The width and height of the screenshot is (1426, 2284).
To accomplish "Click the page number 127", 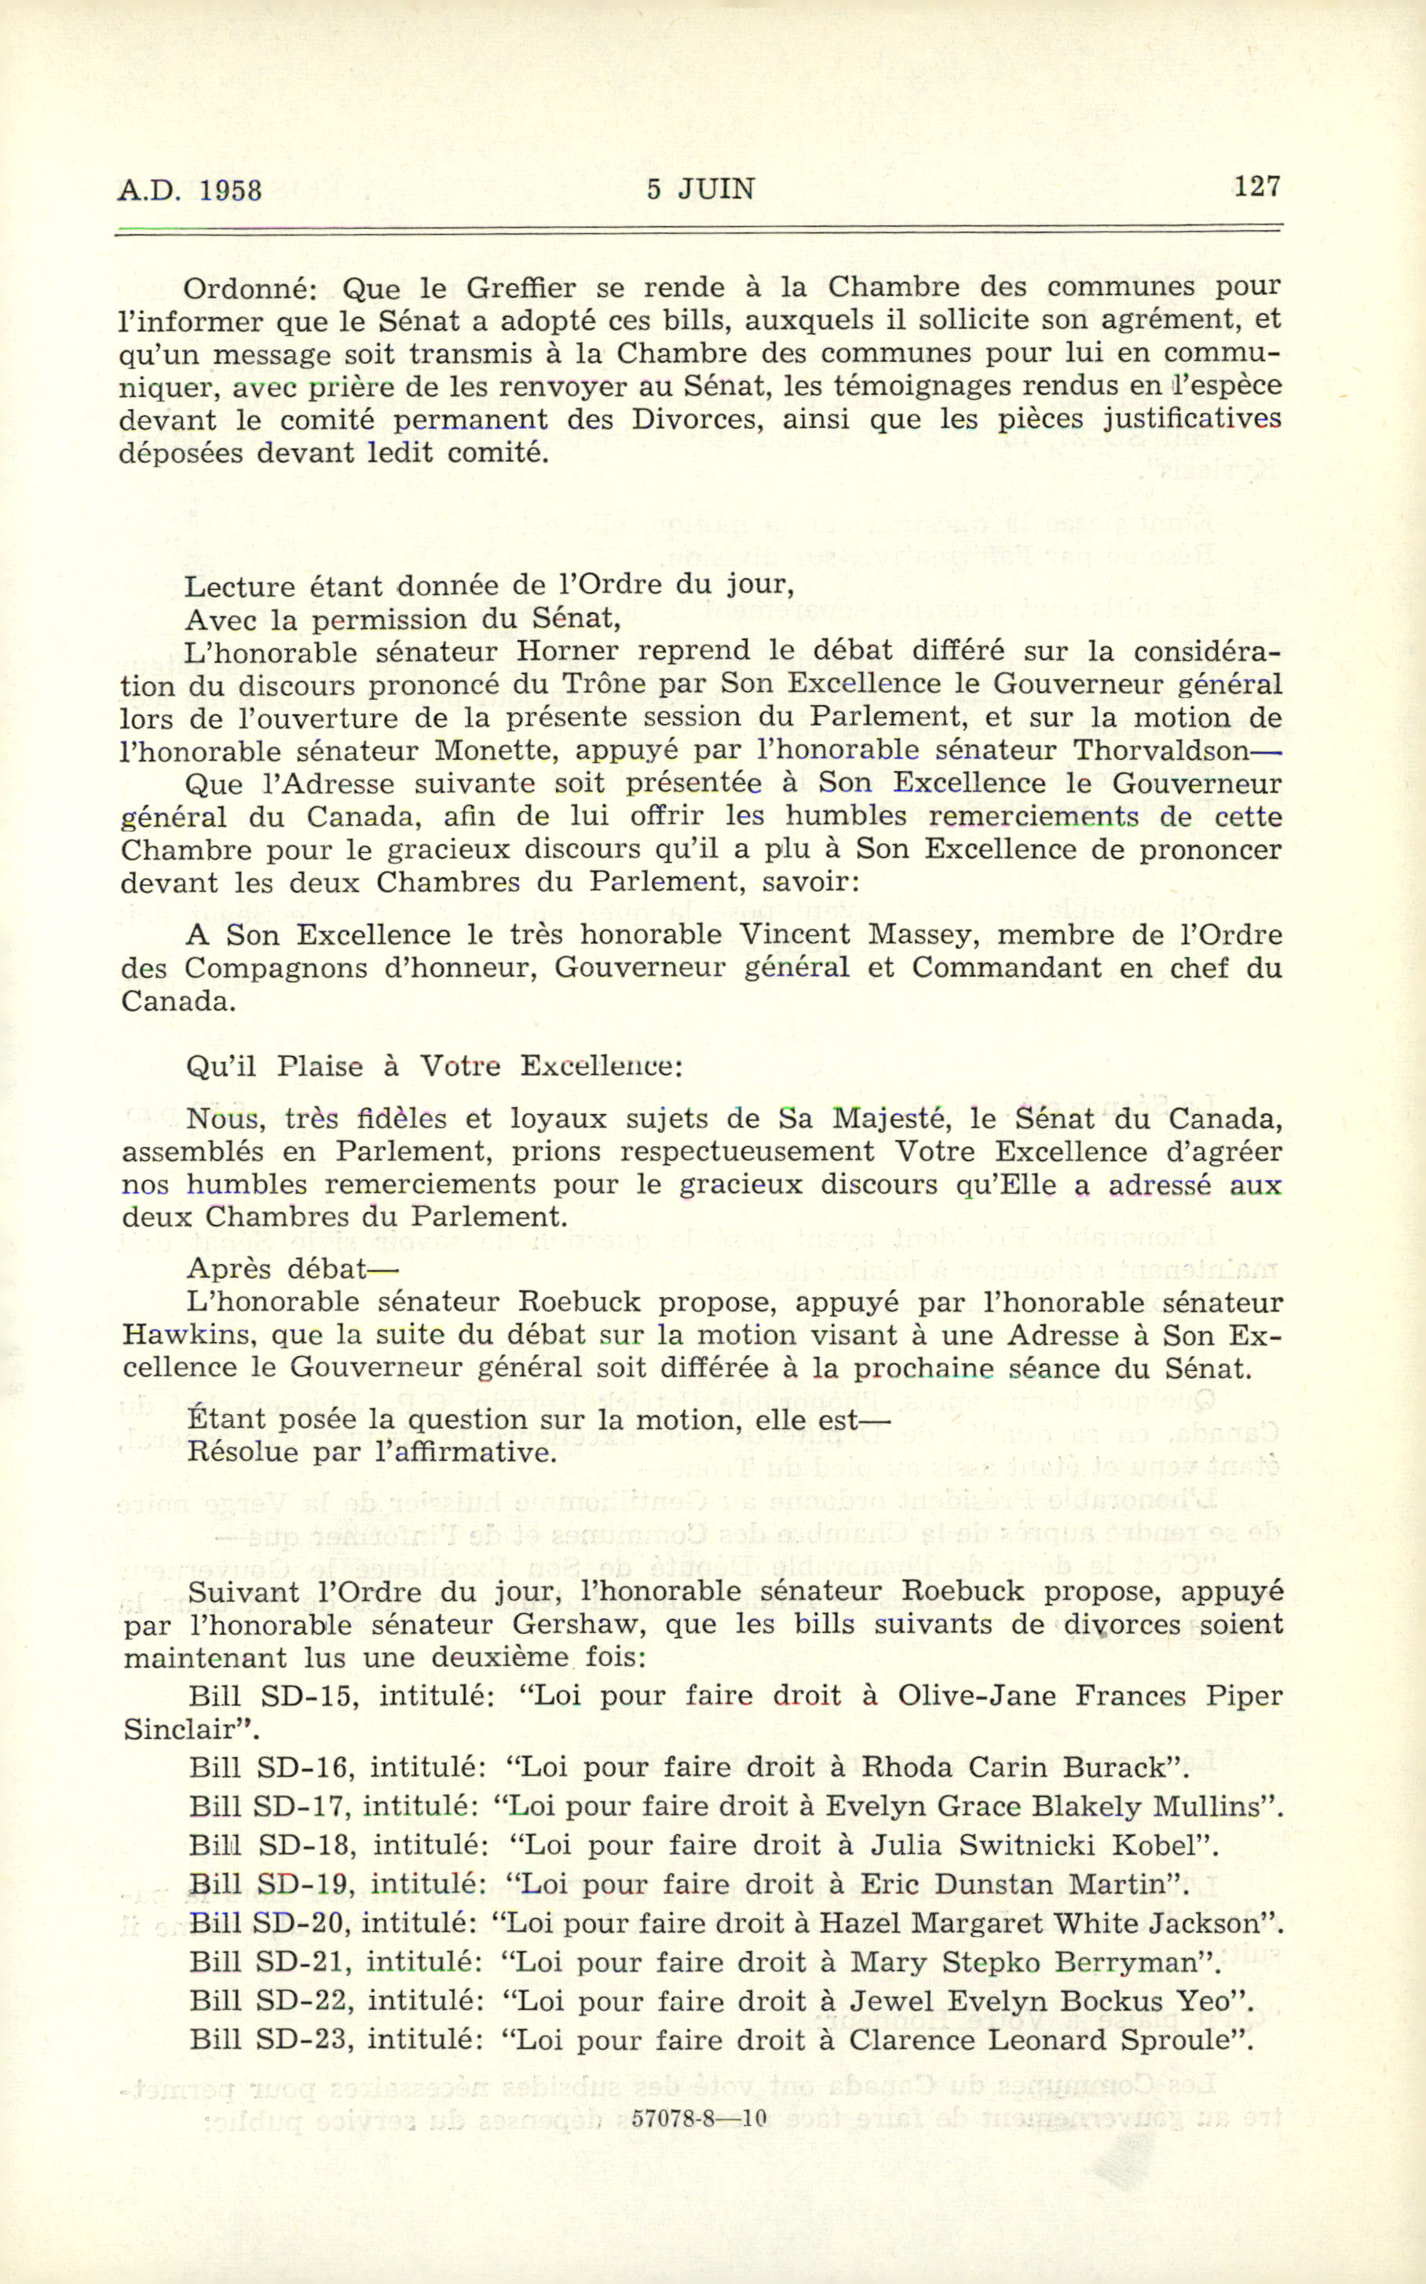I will pyautogui.click(x=1256, y=187).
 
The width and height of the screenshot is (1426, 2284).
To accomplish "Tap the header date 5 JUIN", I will pyautogui.click(x=700, y=189).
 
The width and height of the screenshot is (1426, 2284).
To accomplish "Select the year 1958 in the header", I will pyautogui.click(x=230, y=191).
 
